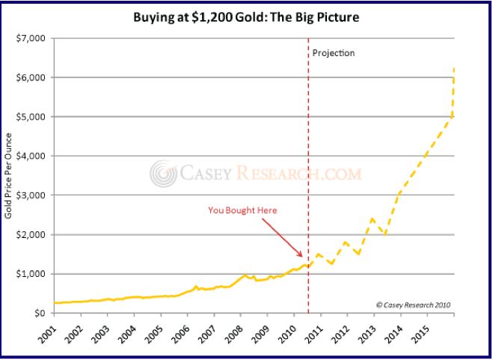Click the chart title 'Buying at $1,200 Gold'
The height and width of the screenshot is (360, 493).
pyautogui.click(x=246, y=16)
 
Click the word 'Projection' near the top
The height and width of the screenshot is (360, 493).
pyautogui.click(x=334, y=53)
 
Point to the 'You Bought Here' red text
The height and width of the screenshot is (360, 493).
pyautogui.click(x=242, y=210)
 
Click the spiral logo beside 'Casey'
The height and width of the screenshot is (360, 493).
pyautogui.click(x=163, y=174)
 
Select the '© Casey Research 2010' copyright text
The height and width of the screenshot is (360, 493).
pyautogui.click(x=413, y=305)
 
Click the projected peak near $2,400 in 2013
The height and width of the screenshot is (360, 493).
pyautogui.click(x=372, y=219)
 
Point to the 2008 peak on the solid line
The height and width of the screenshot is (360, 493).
pyautogui.click(x=245, y=275)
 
